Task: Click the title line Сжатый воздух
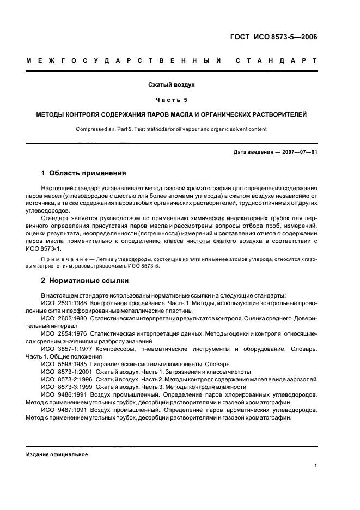coord(172,85)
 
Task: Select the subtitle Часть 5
coord(172,100)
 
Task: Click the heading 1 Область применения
coord(84,173)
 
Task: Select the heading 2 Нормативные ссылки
coord(85,281)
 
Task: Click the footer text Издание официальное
coord(57,454)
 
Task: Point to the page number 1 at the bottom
coord(315,466)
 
